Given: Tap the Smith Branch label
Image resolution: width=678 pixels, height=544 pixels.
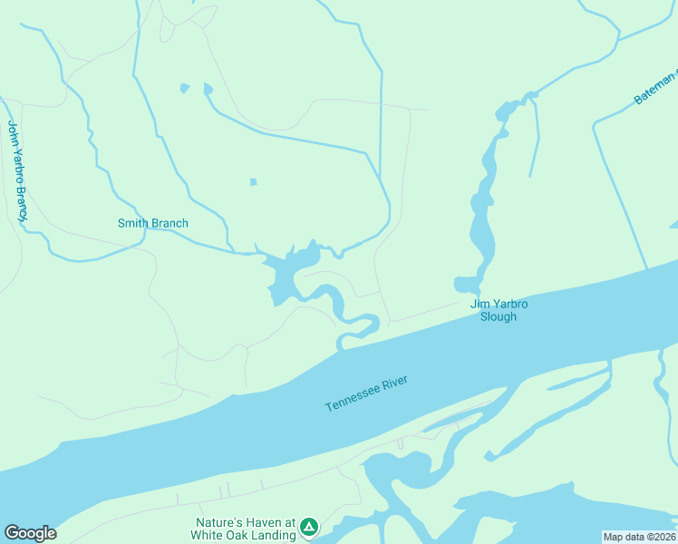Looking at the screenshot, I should click(x=153, y=223).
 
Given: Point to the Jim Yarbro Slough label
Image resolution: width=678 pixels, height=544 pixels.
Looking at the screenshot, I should click(x=499, y=310).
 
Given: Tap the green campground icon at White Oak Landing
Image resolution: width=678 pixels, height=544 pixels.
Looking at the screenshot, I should click(x=309, y=526).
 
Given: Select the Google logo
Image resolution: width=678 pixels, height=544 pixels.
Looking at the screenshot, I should click(x=30, y=533).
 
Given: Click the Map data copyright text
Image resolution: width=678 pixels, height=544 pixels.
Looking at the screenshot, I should click(x=639, y=537).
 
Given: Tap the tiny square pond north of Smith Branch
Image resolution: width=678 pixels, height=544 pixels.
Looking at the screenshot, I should click(x=254, y=182).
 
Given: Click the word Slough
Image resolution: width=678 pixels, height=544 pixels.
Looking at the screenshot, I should click(x=499, y=316).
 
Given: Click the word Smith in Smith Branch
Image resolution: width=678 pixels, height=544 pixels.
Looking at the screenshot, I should click(x=134, y=223).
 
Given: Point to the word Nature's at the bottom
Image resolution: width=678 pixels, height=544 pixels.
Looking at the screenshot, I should click(x=221, y=522).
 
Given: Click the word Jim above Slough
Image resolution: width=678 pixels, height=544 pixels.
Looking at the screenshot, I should click(x=478, y=304).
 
